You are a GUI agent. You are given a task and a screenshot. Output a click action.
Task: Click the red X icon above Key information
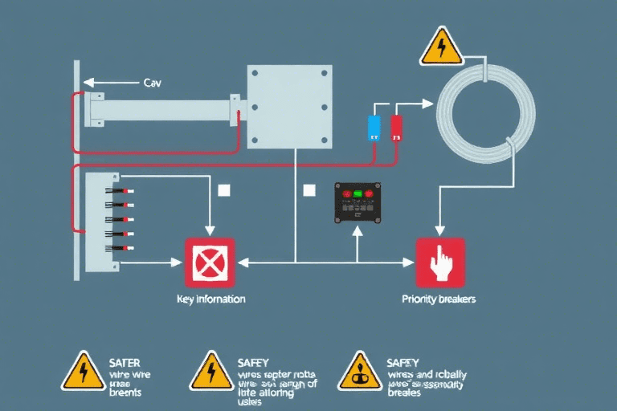[x=210, y=262]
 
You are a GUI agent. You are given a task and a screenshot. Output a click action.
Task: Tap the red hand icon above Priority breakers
[x=439, y=262]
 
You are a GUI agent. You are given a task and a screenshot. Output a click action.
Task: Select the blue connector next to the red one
[x=374, y=128]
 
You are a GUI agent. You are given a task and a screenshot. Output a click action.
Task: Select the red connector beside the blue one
[x=396, y=128]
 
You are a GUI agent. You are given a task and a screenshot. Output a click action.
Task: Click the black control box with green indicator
[x=358, y=203]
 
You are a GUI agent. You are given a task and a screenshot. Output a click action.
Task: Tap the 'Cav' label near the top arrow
[x=152, y=82]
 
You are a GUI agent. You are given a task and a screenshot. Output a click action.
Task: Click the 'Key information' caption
[x=210, y=299]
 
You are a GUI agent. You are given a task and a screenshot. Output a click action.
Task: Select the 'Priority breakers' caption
[x=439, y=299]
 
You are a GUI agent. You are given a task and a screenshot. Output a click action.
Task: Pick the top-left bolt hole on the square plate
[x=256, y=75]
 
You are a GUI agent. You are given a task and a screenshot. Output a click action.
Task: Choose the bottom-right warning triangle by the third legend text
[x=358, y=370]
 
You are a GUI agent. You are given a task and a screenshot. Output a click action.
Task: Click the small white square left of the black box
[x=308, y=190]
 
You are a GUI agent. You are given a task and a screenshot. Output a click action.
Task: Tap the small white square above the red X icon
[x=223, y=190]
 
